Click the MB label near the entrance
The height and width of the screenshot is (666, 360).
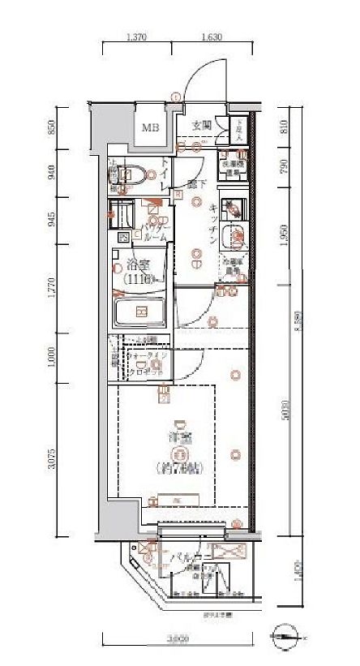click(151, 127)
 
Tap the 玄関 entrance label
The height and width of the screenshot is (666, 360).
click(202, 125)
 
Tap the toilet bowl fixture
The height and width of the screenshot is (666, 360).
click(130, 173)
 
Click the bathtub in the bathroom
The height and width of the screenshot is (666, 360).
click(140, 312)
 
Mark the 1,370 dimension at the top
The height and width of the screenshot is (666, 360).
click(137, 37)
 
